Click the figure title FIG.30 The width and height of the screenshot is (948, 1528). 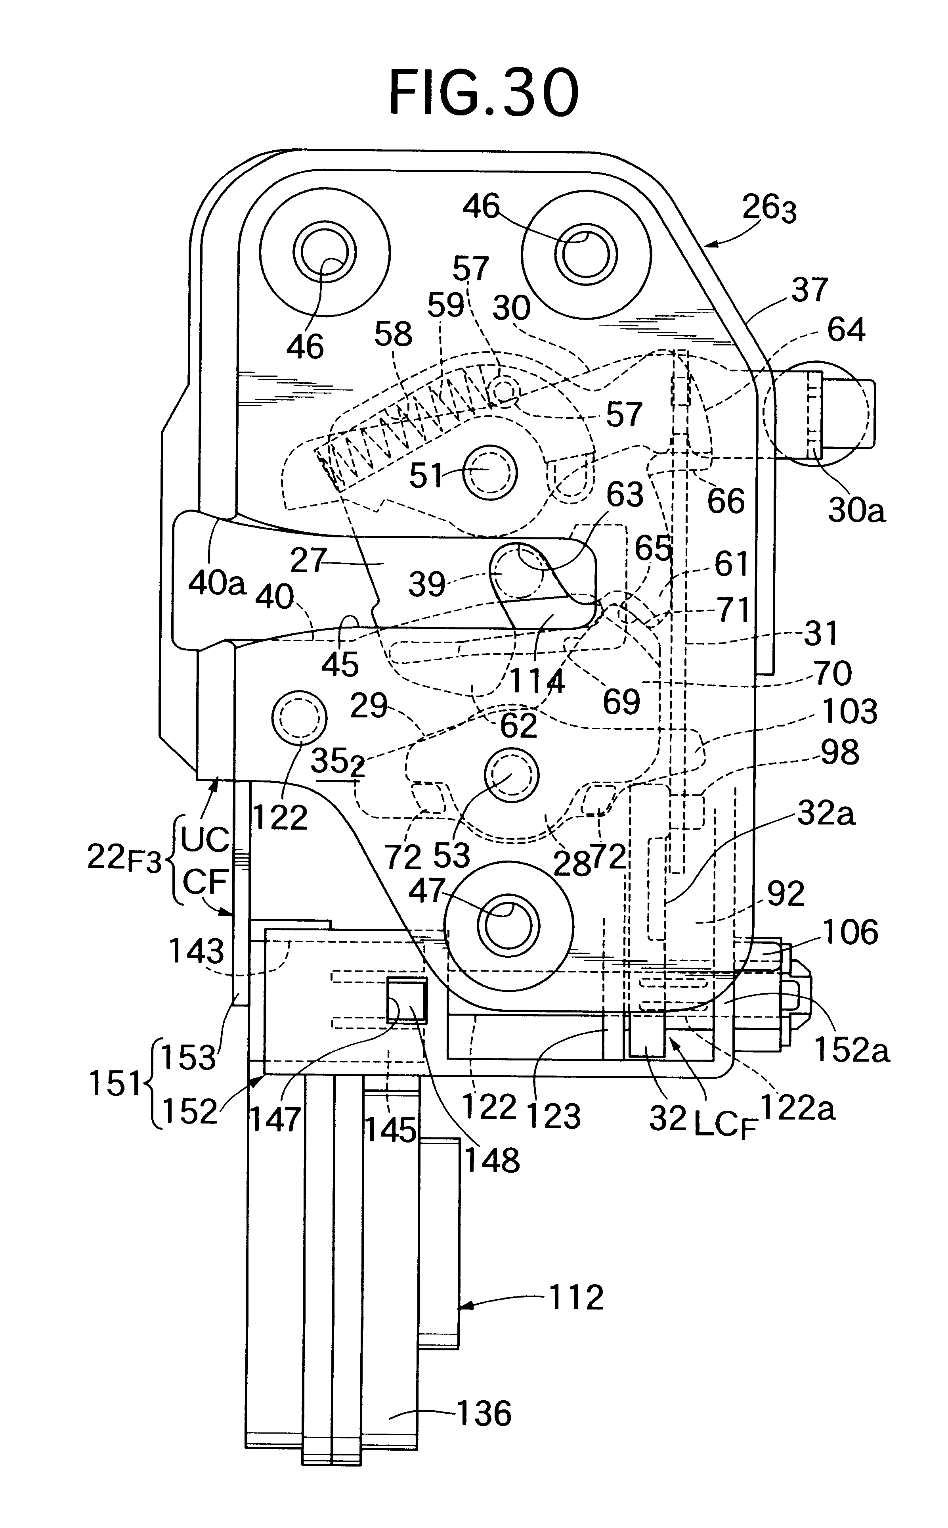click(x=483, y=94)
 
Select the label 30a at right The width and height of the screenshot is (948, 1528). click(x=856, y=511)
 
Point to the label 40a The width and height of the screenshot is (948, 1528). click(x=216, y=583)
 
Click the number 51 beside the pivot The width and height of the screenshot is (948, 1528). click(x=426, y=476)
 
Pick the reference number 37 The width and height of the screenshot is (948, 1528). click(x=809, y=290)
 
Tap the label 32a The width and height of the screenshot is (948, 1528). click(x=826, y=815)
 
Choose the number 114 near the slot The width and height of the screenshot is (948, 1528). click(x=536, y=681)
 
